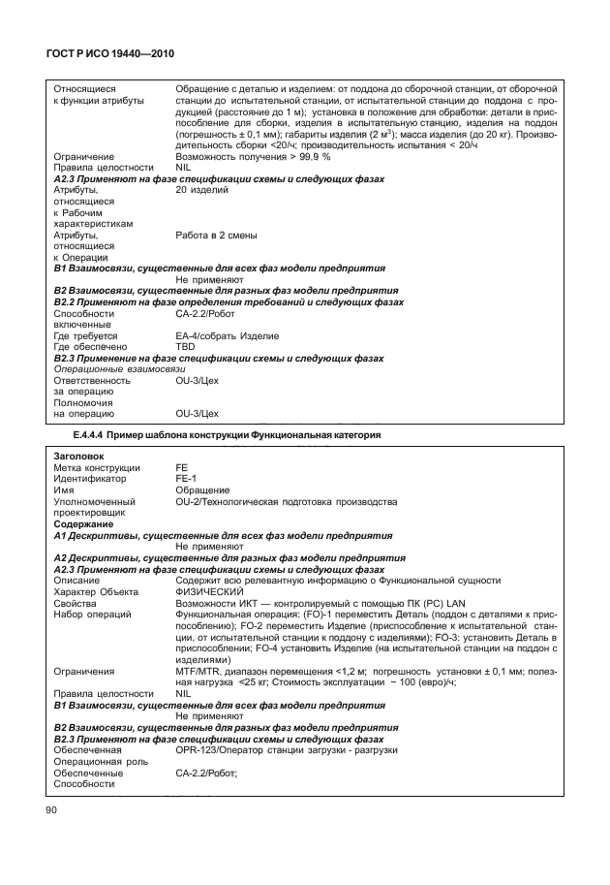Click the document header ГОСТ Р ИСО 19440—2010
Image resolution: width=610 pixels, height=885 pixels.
107,53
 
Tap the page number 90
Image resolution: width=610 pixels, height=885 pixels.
51,811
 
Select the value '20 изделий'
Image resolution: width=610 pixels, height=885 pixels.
201,190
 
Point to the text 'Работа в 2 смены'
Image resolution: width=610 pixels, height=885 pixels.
216,235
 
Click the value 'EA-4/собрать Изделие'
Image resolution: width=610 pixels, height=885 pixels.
227,335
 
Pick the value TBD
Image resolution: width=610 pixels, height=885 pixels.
185,346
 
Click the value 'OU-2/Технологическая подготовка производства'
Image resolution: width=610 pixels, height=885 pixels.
286,501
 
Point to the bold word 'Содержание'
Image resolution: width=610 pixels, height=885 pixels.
84,523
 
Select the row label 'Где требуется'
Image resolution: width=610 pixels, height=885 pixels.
85,335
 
